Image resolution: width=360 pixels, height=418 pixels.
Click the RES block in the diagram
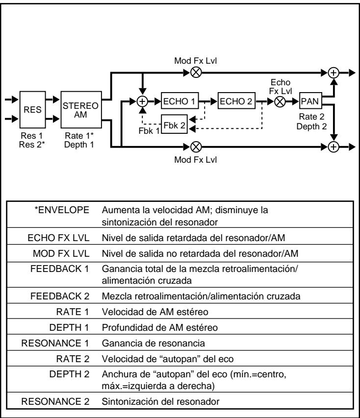tap(33, 110)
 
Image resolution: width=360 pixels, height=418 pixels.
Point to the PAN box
tap(310, 102)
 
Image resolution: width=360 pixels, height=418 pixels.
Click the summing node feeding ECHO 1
tap(143, 102)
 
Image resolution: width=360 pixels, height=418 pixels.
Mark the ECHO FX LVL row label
tap(63, 239)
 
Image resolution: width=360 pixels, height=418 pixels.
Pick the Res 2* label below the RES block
tap(33, 143)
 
